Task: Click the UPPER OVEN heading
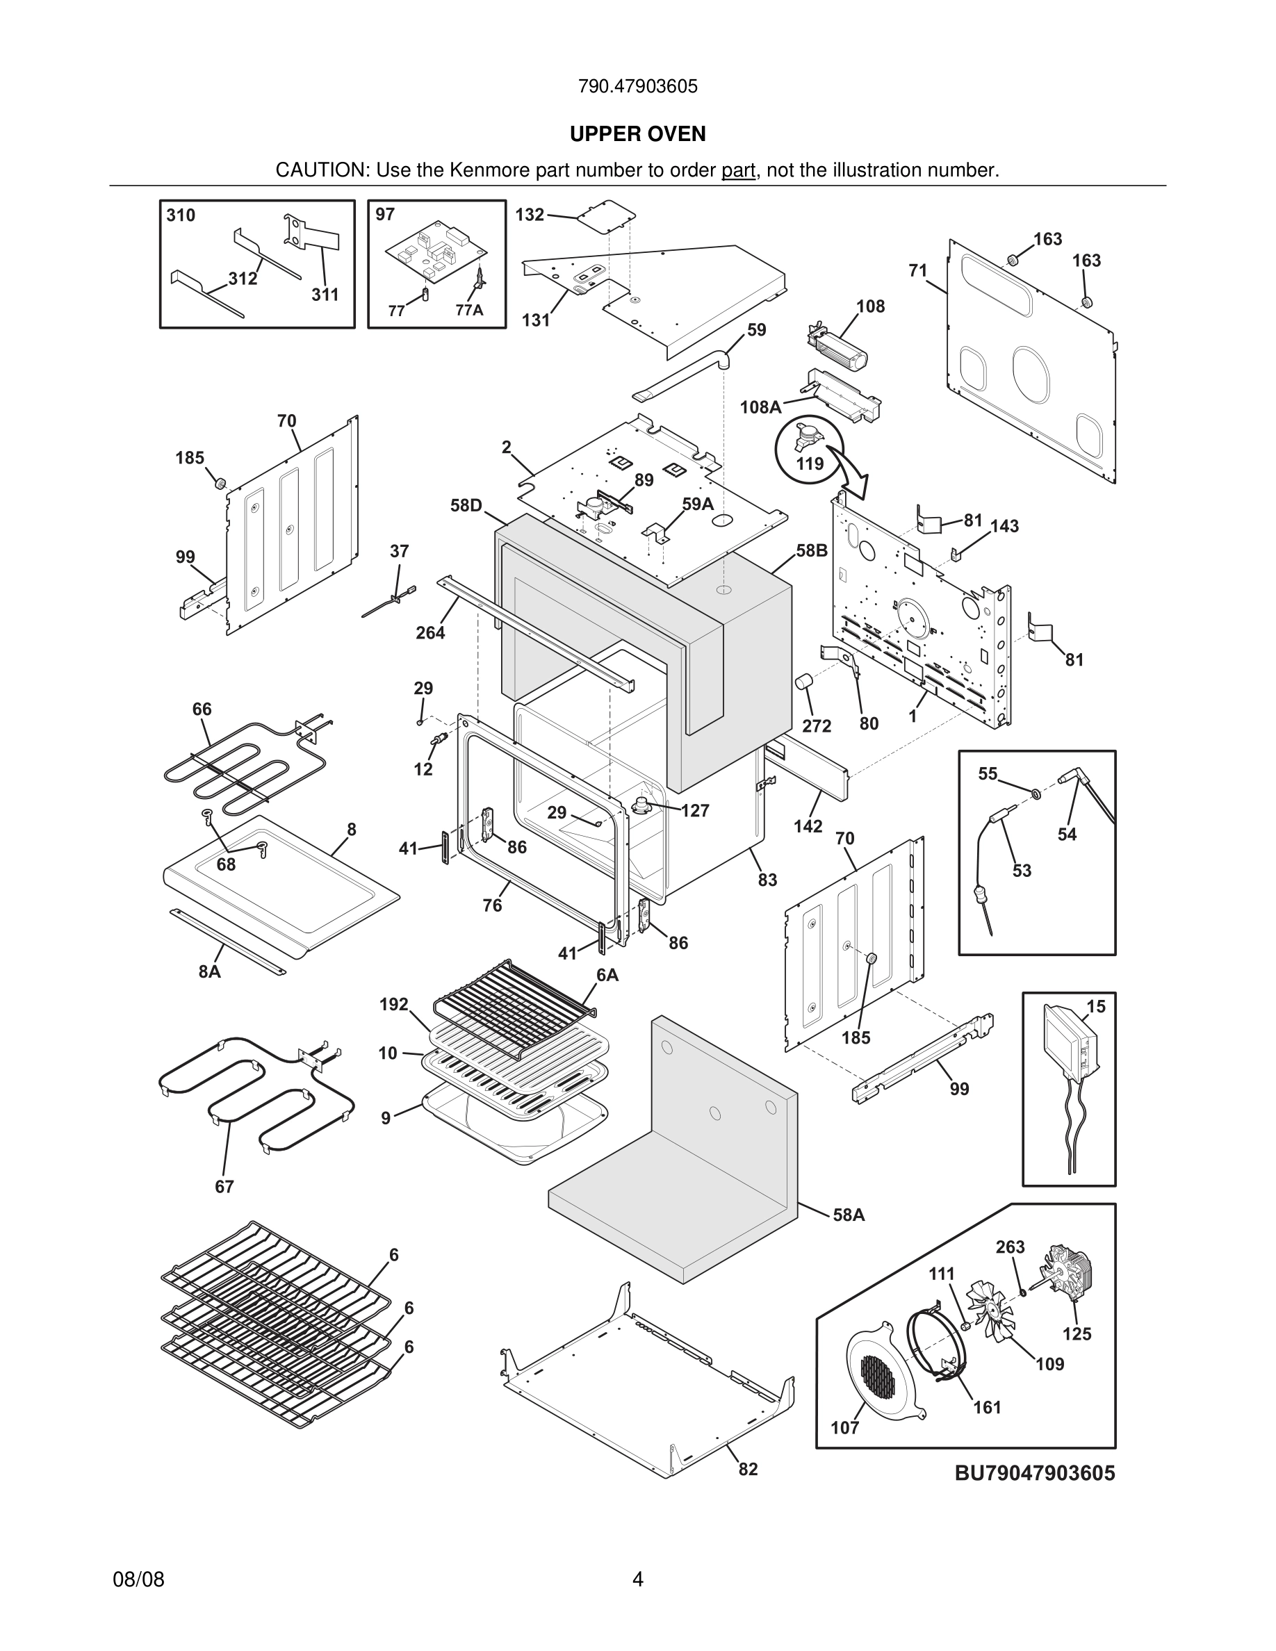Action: [x=637, y=134]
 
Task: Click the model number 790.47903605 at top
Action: [x=637, y=86]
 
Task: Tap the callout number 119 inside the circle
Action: [x=810, y=463]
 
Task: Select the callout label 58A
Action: [x=848, y=1215]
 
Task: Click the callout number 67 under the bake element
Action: [x=224, y=1187]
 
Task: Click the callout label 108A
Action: [x=760, y=407]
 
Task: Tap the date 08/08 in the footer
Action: [x=138, y=1579]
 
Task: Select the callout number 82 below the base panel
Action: [x=748, y=1469]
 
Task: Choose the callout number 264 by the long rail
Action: [x=430, y=633]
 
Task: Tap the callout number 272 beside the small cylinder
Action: [x=817, y=725]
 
